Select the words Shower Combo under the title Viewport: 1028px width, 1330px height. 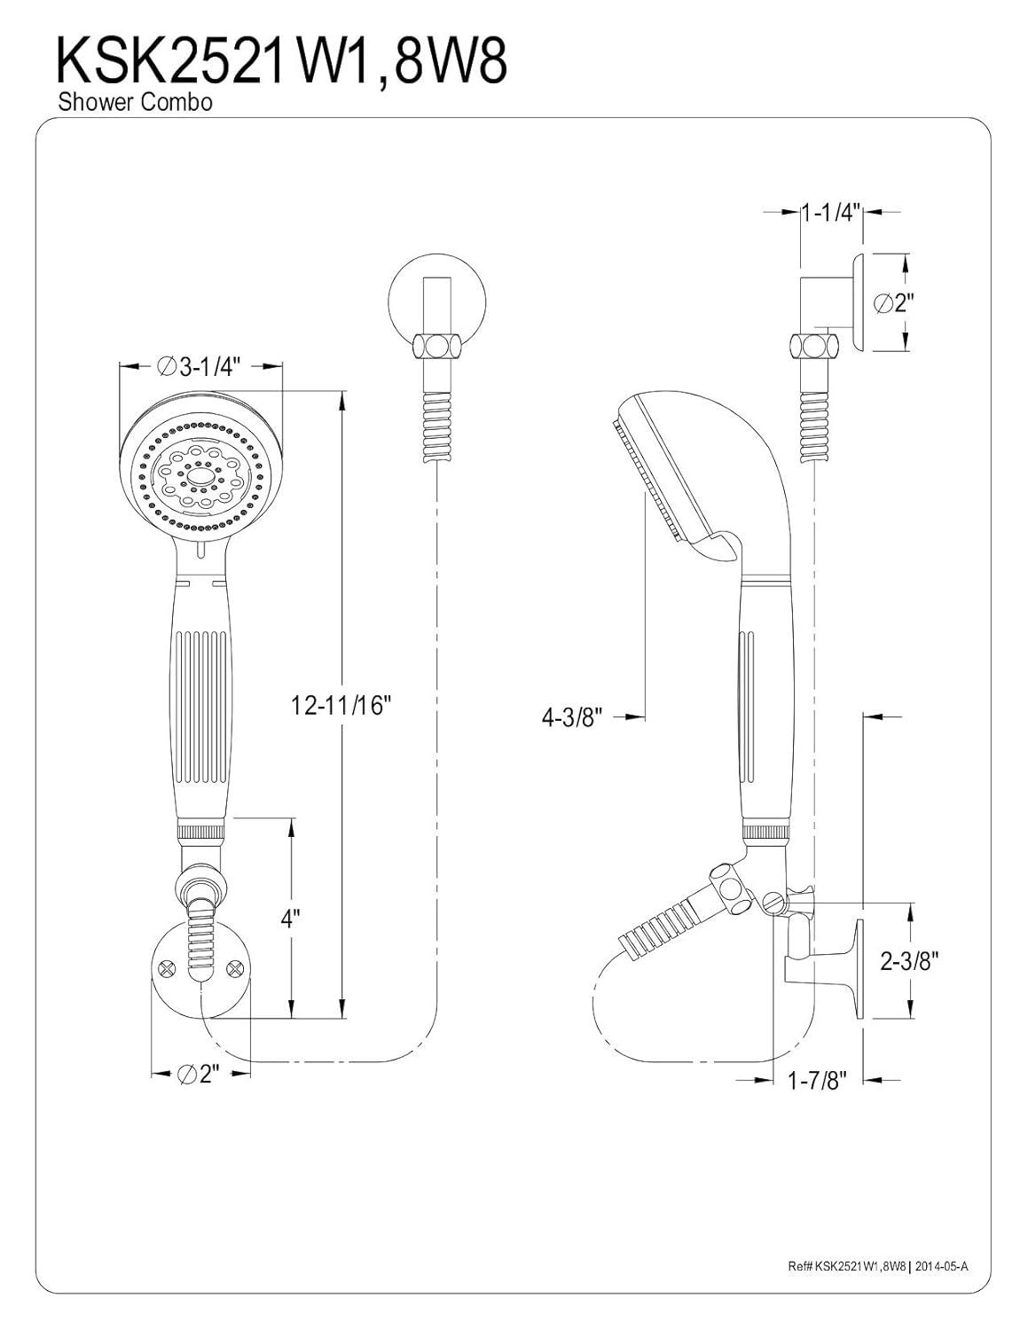tap(135, 103)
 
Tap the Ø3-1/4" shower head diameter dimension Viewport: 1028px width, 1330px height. tap(203, 367)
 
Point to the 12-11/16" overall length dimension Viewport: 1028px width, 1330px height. tap(341, 706)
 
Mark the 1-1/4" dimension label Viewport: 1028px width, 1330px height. tap(831, 213)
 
